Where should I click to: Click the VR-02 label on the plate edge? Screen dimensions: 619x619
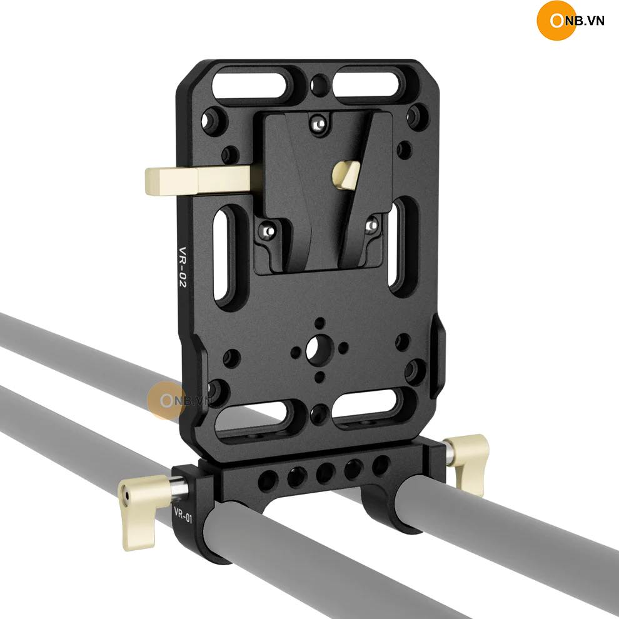click(183, 267)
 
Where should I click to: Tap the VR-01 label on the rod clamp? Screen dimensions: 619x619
click(183, 515)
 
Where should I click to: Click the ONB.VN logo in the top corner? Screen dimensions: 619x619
click(570, 21)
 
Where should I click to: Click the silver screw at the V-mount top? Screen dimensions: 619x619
click(318, 124)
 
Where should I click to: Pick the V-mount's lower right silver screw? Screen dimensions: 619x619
click(371, 226)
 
